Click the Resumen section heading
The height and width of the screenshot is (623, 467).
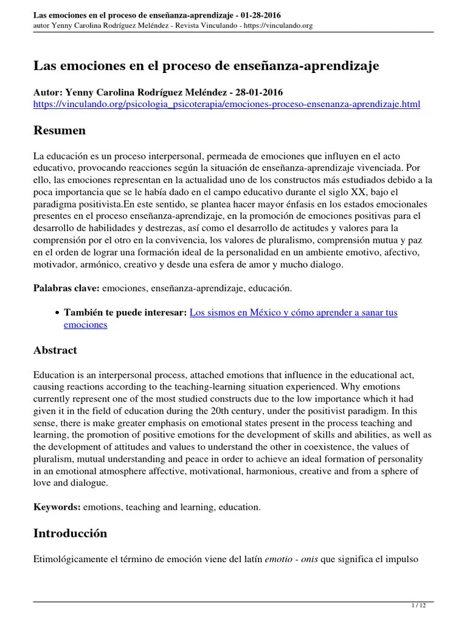pyautogui.click(x=59, y=131)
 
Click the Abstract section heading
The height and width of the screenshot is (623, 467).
pyautogui.click(x=55, y=350)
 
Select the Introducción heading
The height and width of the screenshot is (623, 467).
pyautogui.click(x=70, y=533)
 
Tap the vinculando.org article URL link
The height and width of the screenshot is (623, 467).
pyautogui.click(x=226, y=105)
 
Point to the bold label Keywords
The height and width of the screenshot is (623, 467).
pyautogui.click(x=57, y=506)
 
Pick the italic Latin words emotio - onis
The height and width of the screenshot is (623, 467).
pyautogui.click(x=286, y=559)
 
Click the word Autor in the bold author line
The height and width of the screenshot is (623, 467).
pyautogui.click(x=47, y=93)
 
